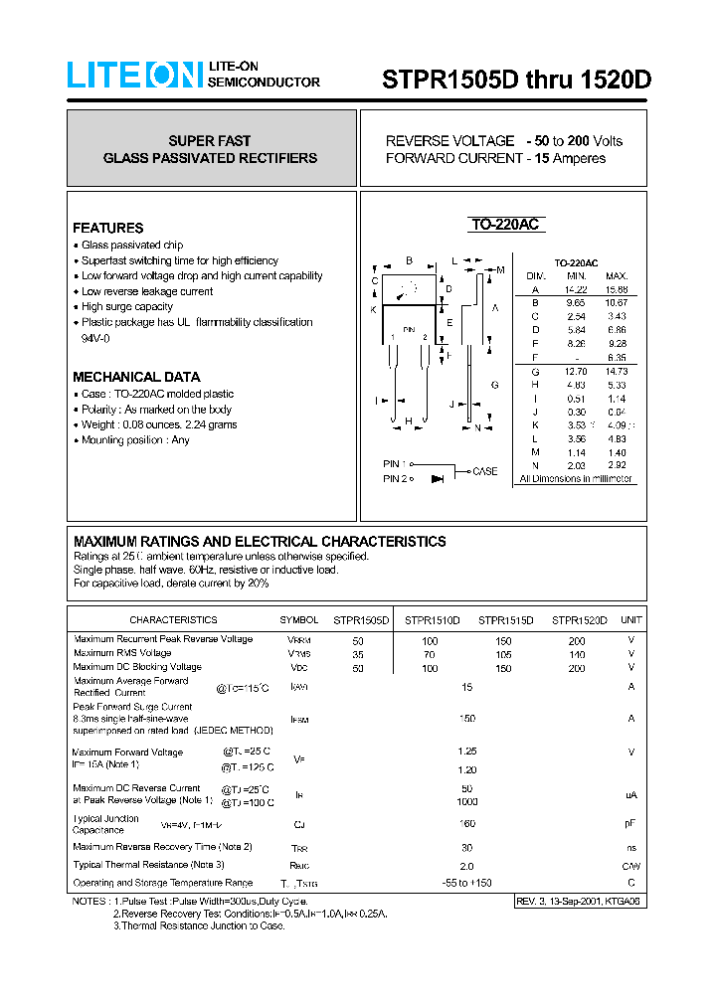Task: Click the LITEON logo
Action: coord(134,76)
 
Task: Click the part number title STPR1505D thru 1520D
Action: coord(516,81)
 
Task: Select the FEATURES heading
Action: coord(107,228)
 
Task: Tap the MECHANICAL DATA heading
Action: coord(136,377)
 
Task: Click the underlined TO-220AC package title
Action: coord(504,226)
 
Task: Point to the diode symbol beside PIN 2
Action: coord(437,479)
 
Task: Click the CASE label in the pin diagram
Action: coord(484,471)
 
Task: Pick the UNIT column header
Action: coord(630,620)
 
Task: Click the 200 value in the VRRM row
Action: coord(577,641)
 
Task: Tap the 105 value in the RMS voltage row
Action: coord(503,655)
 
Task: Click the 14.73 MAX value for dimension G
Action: coord(617,371)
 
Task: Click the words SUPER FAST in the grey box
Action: coord(210,141)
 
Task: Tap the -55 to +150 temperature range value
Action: coord(467,883)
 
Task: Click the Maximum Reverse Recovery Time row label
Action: coord(162,847)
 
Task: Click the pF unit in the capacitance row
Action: coord(630,824)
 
